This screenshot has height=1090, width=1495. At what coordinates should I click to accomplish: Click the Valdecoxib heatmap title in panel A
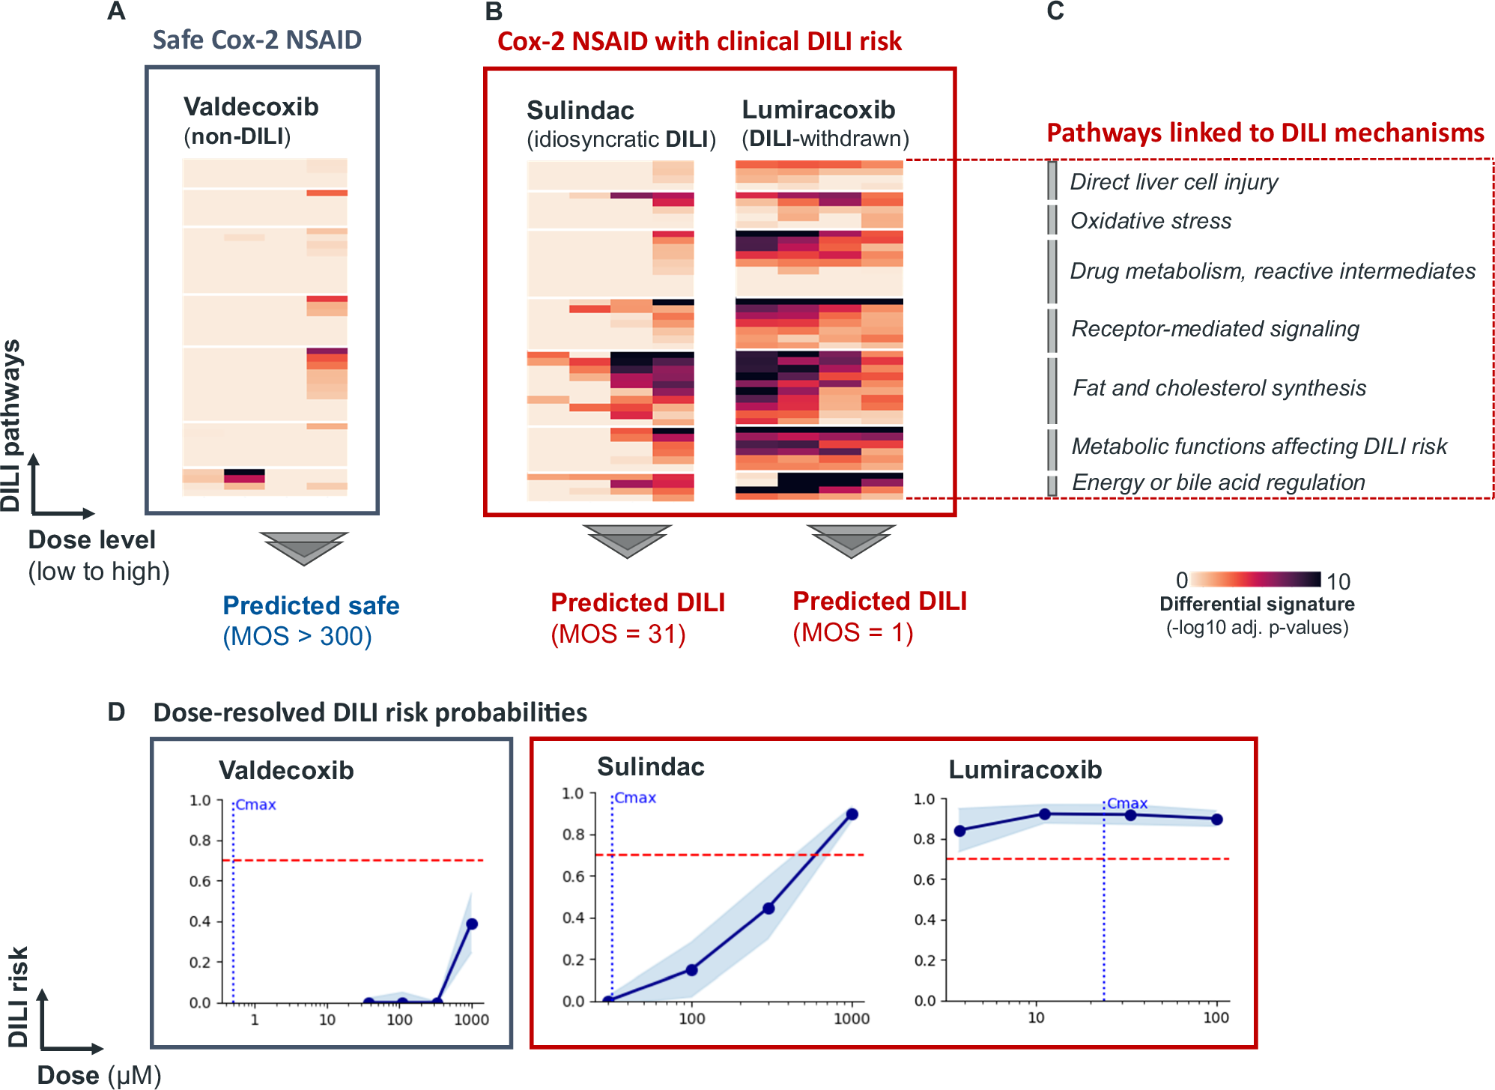pos(251,107)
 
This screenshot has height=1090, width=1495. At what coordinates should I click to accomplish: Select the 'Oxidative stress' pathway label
pos(1150,221)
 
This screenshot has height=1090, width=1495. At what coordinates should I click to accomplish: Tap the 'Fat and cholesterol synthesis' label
pos(1219,388)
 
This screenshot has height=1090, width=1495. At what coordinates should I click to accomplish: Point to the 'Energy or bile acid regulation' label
pos(1218,482)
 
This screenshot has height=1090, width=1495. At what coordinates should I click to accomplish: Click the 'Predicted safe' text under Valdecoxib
pos(311,605)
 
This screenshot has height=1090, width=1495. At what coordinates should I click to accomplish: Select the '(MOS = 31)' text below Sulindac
pos(618,635)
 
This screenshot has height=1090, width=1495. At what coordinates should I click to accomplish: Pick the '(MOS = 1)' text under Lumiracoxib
pos(852,633)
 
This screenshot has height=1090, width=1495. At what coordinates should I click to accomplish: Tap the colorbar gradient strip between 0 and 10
pos(1255,579)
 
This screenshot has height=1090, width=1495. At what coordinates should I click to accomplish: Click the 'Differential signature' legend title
pos(1257,604)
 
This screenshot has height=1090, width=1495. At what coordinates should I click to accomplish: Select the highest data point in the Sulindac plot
pos(852,814)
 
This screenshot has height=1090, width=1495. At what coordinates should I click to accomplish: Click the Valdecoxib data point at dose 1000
pos(472,924)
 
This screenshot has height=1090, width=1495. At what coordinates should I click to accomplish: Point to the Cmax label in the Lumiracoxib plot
pos(1127,803)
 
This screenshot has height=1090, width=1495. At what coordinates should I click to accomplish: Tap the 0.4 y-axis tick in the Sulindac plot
pos(573,918)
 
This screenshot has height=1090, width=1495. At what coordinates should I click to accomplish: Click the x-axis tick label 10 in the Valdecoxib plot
pos(327,1020)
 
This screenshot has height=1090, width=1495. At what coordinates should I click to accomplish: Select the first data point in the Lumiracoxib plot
pos(960,831)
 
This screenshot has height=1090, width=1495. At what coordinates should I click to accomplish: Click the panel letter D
pos(116,712)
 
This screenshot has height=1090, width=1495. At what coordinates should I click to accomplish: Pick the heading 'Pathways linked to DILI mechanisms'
pos(1265,133)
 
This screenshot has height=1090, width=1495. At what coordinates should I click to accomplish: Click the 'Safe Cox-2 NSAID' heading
pos(257,40)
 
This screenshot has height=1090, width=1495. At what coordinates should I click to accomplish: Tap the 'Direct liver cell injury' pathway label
pos(1174,182)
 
